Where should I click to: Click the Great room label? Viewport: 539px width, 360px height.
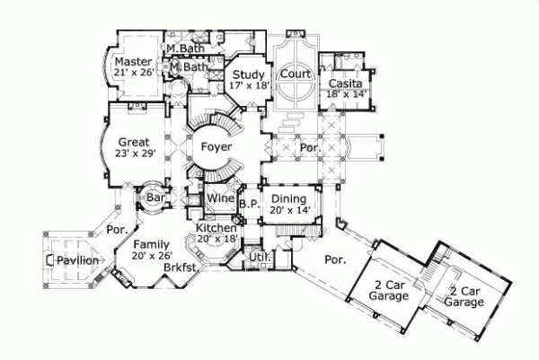point(133,142)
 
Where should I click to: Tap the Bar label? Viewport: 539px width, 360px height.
point(155,196)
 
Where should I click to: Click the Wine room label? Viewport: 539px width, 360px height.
point(220,198)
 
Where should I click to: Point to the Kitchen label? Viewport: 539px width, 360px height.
point(216,229)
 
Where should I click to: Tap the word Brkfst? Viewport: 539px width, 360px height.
point(181,268)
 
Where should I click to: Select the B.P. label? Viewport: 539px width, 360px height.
point(249,205)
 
